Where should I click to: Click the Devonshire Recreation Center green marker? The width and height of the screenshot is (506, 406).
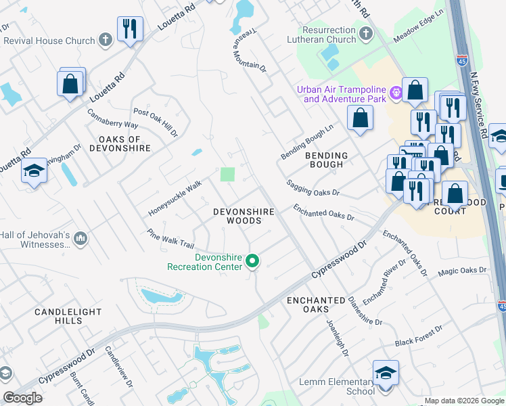[253, 261]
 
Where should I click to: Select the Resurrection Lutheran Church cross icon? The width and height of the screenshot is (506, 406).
[365, 33]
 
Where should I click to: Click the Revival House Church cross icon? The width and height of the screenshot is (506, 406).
[105, 40]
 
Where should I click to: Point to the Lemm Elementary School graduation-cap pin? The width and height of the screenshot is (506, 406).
[386, 373]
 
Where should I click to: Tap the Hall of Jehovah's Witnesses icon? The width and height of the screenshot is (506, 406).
[80, 238]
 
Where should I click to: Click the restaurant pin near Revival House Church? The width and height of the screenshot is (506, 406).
[129, 29]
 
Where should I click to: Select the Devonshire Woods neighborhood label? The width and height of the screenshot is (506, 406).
[244, 216]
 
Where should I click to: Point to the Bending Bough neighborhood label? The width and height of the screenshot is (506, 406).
[327, 160]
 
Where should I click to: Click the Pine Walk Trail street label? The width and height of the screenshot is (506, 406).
[170, 238]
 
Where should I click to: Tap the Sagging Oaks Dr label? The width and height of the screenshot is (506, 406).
[312, 187]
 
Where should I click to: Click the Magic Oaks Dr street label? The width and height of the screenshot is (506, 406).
[462, 271]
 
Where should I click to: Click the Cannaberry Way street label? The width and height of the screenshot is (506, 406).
[112, 118]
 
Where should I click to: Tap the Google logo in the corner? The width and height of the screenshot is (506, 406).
[22, 398]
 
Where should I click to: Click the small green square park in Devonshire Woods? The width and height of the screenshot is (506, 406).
[228, 175]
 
